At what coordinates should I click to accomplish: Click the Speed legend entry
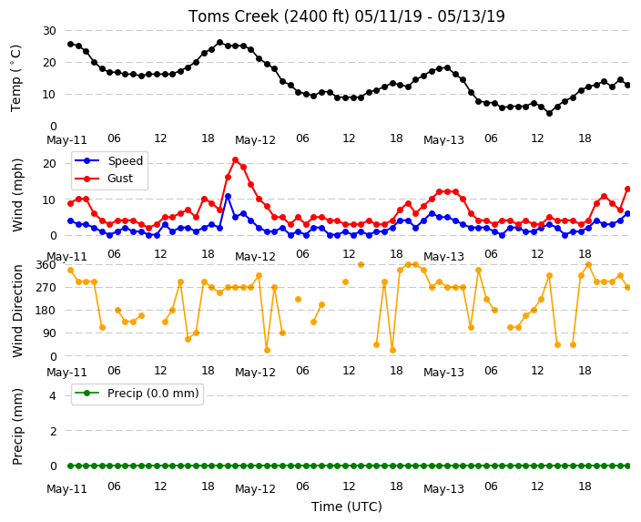point(108,160)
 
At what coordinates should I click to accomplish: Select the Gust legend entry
point(104,179)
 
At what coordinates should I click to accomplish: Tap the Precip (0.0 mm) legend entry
point(137,394)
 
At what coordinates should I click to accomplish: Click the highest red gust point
point(235,160)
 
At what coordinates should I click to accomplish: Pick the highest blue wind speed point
point(228,197)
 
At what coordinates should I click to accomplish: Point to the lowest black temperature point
point(549,113)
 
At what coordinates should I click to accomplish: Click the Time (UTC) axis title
point(347,507)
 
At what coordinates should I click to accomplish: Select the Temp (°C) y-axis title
point(15,78)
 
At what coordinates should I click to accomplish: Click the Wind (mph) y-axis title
point(17,195)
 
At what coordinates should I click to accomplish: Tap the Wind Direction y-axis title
point(17,311)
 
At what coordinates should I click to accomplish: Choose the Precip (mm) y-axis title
point(17,426)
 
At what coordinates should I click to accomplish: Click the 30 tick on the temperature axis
point(49,31)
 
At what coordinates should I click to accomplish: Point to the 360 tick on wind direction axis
point(46,265)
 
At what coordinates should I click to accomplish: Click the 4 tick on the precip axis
point(53,395)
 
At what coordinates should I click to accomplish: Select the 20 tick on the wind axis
point(49,164)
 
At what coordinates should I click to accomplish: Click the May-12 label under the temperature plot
point(255,140)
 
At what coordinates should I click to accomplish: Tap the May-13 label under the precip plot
point(443,489)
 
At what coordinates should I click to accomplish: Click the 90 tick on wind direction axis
point(49,333)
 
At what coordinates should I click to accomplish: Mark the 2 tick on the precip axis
point(53,431)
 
